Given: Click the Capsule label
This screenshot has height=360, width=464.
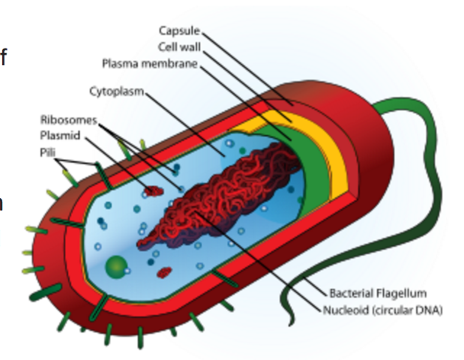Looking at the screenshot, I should pyautogui.click(x=179, y=30).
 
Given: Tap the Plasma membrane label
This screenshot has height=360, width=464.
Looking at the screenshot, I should pyautogui.click(x=150, y=63).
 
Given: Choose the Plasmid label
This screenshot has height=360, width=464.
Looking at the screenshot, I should pyautogui.click(x=59, y=136).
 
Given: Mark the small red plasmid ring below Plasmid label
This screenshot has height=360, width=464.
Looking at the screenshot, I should pyautogui.click(x=154, y=191).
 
